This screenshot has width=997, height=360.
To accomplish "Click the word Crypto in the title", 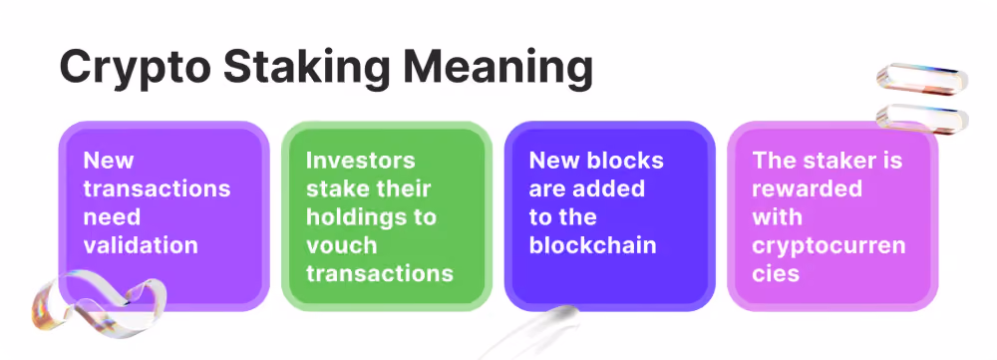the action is click(x=136, y=66).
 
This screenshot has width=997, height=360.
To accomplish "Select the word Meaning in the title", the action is click(x=498, y=66).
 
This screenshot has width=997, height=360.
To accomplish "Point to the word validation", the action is click(x=141, y=245).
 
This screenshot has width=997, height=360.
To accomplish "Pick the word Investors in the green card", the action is click(x=361, y=160).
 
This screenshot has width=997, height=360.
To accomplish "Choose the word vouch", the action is click(x=341, y=245).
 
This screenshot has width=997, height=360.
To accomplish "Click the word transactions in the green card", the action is click(x=380, y=273).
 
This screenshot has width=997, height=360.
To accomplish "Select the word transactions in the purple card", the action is click(x=158, y=188).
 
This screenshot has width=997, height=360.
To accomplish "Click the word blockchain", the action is click(x=592, y=245).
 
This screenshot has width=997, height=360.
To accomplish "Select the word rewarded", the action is click(x=807, y=188).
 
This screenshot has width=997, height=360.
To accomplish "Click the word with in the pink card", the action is click(x=777, y=216).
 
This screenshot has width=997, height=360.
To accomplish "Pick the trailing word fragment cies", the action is click(x=775, y=273).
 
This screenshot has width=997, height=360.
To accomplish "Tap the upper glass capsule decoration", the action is click(x=922, y=79).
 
